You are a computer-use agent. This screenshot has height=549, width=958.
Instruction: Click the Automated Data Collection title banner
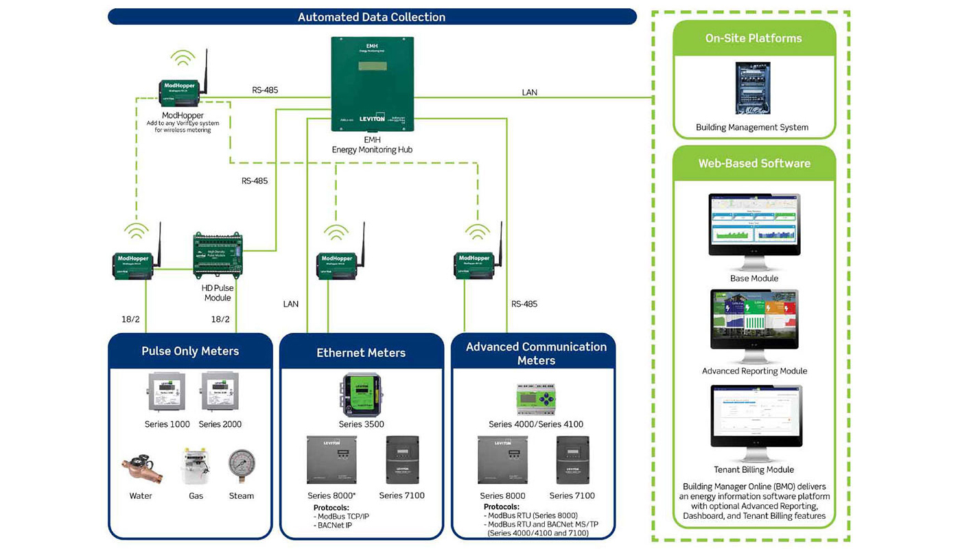point(371,17)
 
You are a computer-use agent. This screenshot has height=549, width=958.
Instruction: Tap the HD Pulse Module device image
point(217,255)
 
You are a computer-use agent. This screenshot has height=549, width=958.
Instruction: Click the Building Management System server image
point(753,88)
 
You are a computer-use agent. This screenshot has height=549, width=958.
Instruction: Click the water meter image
point(141,468)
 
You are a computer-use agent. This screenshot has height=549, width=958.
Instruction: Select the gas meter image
point(196,467)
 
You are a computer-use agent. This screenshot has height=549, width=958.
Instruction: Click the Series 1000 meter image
point(167,392)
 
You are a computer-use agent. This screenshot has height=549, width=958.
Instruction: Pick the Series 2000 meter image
point(220,392)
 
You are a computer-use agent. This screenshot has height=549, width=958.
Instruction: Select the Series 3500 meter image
point(360,395)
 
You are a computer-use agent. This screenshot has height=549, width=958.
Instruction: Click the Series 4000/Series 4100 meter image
point(536,399)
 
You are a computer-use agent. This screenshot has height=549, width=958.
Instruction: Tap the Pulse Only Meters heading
point(190,351)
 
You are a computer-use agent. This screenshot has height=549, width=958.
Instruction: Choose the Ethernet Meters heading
point(361,353)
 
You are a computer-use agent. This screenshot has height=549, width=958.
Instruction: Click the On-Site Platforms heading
point(753,38)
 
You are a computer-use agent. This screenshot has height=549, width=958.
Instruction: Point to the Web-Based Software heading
point(754,163)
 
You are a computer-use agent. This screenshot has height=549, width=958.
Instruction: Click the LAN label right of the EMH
point(529,92)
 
